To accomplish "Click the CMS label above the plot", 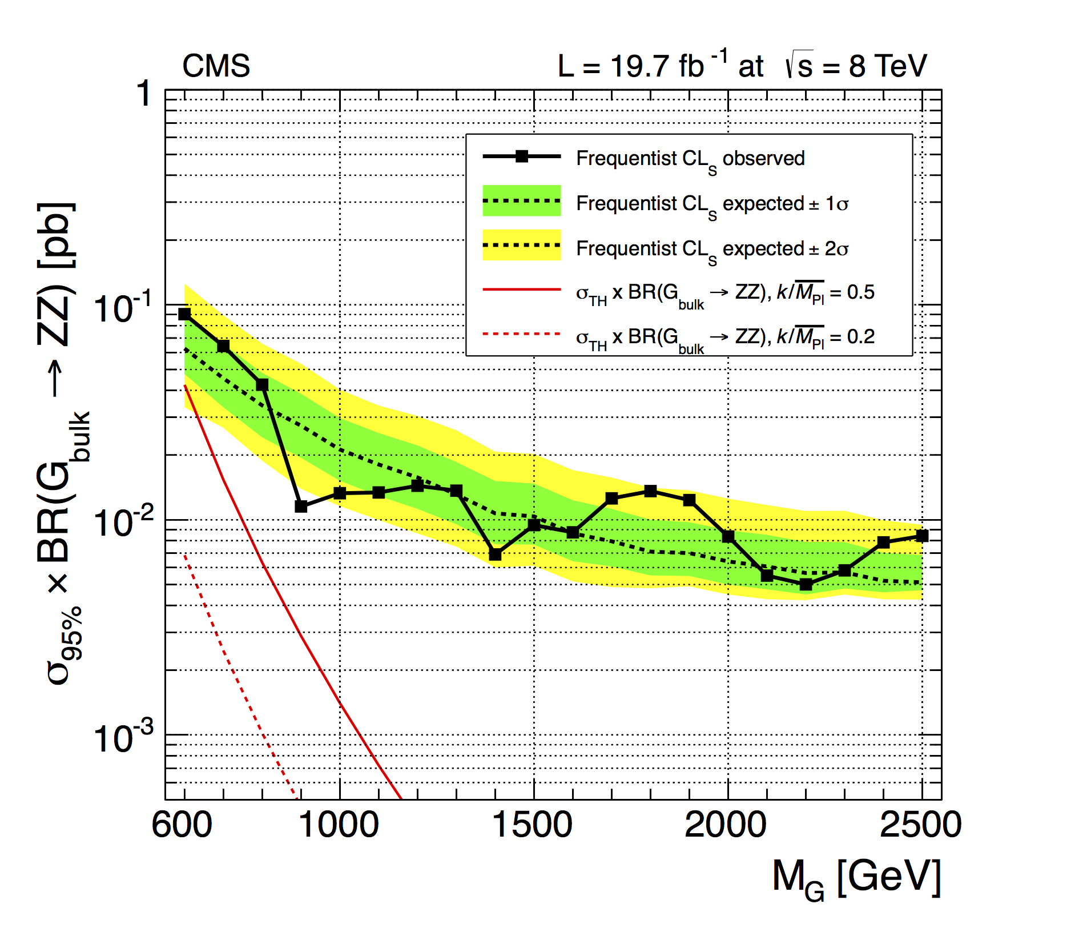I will (216, 66).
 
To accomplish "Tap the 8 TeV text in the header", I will (887, 66).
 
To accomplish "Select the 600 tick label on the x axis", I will (182, 825).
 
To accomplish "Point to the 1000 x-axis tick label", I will (339, 825).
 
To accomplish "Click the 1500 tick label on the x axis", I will (532, 825).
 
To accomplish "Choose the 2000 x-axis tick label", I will (726, 825).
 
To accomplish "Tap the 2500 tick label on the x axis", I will (920, 825).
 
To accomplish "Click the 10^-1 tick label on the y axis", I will (123, 308).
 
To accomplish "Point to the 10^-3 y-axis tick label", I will (123, 738).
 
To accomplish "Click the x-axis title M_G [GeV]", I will (856, 878).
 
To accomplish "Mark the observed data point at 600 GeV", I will (184, 314).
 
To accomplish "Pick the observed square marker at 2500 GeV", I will (922, 536).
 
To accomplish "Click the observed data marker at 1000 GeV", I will (340, 493).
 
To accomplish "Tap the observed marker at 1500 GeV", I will (534, 525).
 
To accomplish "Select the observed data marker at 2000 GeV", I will (728, 536).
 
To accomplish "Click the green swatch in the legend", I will (521, 200).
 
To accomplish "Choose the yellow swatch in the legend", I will (521, 245).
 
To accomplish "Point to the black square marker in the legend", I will (521, 156).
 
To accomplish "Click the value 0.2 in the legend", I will (861, 337).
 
